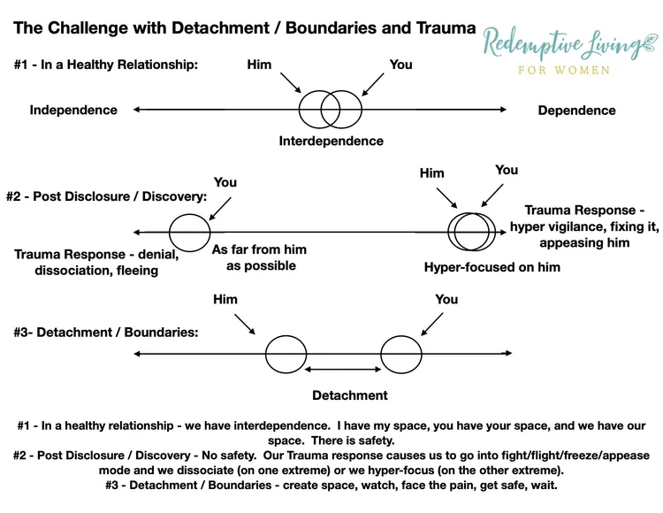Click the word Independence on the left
point(73,111)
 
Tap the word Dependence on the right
point(576,111)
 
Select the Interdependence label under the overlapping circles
point(331,141)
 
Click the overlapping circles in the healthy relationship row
point(331,110)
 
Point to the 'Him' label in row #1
point(259,65)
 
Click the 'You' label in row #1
point(400,65)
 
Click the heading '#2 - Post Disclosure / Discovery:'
point(110,197)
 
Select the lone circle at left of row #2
point(190,234)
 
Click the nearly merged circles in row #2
point(471,233)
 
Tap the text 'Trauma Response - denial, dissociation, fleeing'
point(96,263)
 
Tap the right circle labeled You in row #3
point(400,355)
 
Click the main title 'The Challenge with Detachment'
point(244,28)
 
